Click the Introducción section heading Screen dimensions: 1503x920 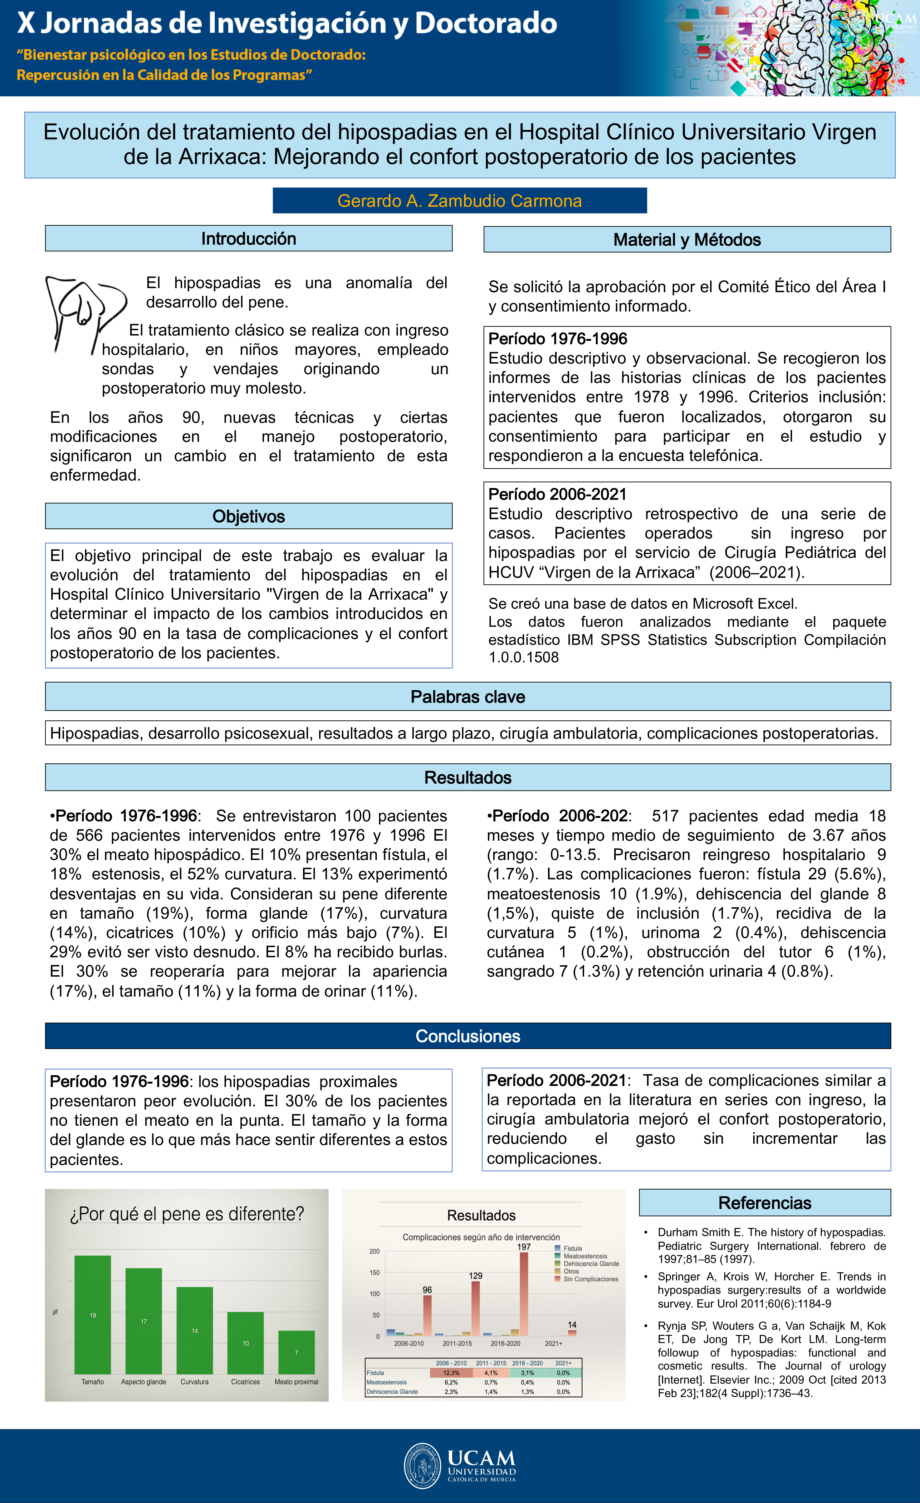pyautogui.click(x=248, y=239)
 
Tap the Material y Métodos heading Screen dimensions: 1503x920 pyautogui.click(x=687, y=240)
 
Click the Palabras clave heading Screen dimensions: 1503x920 pyautogui.click(x=467, y=697)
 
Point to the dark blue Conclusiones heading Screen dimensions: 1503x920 pyautogui.click(x=467, y=1036)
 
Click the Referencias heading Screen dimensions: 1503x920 pyautogui.click(x=764, y=1202)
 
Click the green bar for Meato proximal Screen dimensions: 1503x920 pyautogui.click(x=297, y=1352)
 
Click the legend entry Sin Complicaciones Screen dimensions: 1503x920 pyautogui.click(x=590, y=1279)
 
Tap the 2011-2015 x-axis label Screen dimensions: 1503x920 pyautogui.click(x=457, y=1343)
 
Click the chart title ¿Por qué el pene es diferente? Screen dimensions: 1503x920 pyautogui.click(x=187, y=1214)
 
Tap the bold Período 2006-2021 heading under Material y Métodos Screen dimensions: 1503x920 pyautogui.click(x=557, y=494)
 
